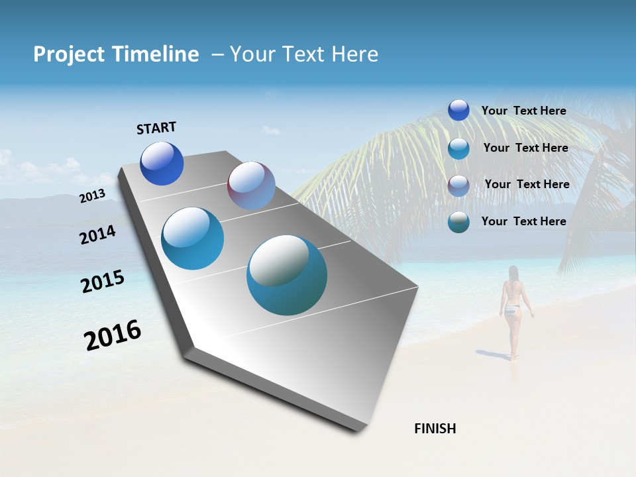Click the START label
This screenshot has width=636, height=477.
pyautogui.click(x=156, y=128)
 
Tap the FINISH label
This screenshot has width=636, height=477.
pyautogui.click(x=435, y=429)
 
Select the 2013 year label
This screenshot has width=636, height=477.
pyautogui.click(x=92, y=196)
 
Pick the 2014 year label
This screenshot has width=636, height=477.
pyautogui.click(x=97, y=235)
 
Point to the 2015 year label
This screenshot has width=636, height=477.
pyautogui.click(x=102, y=282)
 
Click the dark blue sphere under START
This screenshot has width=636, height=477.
pyautogui.click(x=162, y=164)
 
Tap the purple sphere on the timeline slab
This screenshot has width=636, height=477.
pyautogui.click(x=251, y=185)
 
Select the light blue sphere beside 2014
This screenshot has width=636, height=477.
pyautogui.click(x=192, y=238)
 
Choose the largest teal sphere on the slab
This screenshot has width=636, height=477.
pyautogui.click(x=287, y=275)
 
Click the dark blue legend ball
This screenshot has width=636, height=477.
pyautogui.click(x=458, y=110)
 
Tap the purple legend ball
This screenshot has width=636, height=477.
pyautogui.click(x=458, y=185)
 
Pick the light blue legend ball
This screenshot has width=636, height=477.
pyautogui.click(x=458, y=148)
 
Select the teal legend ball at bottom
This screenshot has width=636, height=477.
pyautogui.click(x=458, y=222)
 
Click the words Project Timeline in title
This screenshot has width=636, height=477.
pyautogui.click(x=116, y=54)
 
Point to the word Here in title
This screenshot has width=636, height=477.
pyautogui.click(x=354, y=54)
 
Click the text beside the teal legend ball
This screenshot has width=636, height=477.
pyautogui.click(x=523, y=221)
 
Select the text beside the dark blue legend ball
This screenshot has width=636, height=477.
pyautogui.click(x=523, y=111)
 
